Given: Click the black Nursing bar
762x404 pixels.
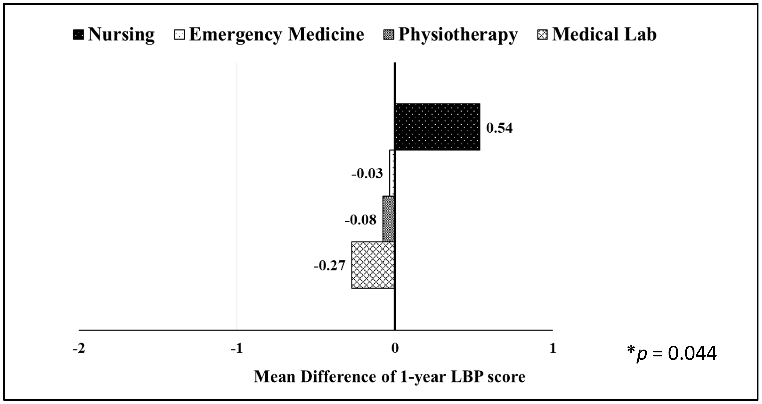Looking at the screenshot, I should pos(437,127).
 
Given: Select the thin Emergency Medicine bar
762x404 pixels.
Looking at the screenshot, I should pos(392,173).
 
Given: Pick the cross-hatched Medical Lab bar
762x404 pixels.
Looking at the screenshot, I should pos(373,265).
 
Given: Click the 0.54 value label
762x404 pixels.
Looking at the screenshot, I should pos(499,128).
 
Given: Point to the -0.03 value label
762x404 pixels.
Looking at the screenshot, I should pos(367,174).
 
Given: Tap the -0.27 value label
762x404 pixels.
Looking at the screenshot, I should pos(330,266).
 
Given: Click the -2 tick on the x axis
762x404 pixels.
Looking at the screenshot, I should pos(79,349).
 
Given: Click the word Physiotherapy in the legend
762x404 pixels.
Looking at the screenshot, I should pos(458,35).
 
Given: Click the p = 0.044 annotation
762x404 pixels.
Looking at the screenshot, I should pos(671,353).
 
